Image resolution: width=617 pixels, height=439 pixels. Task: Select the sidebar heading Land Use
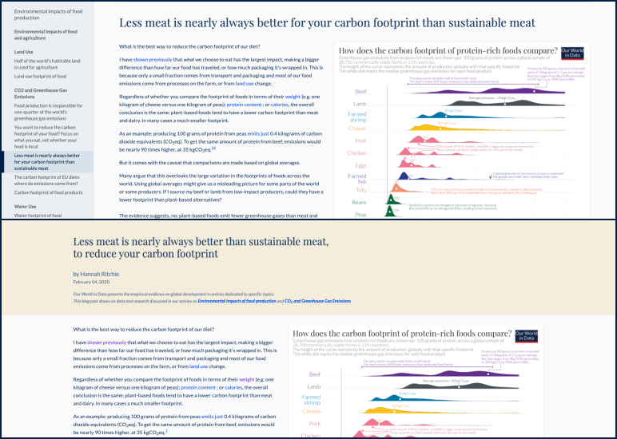tap(24, 52)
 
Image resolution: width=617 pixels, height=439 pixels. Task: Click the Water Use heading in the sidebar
tap(26, 206)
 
